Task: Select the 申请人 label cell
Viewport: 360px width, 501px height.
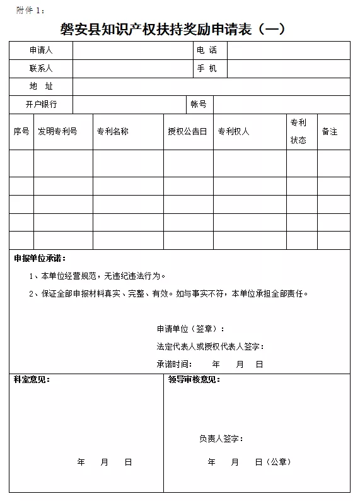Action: pyautogui.click(x=41, y=50)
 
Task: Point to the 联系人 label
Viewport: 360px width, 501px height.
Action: pyautogui.click(x=41, y=68)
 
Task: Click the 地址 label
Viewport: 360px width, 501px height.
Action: pyautogui.click(x=41, y=86)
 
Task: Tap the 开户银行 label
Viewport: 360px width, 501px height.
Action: pyautogui.click(x=41, y=104)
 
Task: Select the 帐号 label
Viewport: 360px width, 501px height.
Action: pyautogui.click(x=199, y=104)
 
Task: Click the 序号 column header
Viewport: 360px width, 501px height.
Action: pyautogui.click(x=21, y=131)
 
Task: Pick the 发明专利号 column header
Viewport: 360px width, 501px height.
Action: pyautogui.click(x=57, y=131)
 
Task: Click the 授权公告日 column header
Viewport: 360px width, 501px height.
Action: pyautogui.click(x=187, y=131)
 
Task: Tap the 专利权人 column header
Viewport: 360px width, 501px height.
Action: pyautogui.click(x=233, y=131)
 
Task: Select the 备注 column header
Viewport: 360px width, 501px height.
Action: pyautogui.click(x=330, y=131)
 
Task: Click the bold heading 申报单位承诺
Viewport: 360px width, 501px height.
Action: pyautogui.click(x=40, y=258)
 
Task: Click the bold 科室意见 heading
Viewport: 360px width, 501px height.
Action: pyautogui.click(x=32, y=379)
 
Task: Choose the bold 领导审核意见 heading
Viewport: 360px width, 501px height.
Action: pyautogui.click(x=194, y=379)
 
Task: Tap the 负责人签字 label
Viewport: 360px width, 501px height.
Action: pyautogui.click(x=221, y=439)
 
